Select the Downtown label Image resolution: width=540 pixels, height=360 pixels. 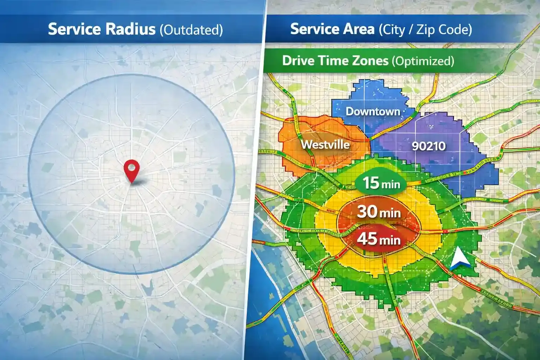373,111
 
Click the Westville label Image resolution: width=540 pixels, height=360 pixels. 325,144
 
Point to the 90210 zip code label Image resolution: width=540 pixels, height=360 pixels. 429,146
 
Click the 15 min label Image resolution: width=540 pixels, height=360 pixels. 381,183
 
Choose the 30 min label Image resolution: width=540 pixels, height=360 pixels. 379,212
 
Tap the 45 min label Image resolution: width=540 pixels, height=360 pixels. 379,239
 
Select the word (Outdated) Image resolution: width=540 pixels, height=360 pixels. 191,30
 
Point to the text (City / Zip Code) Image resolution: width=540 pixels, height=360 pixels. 425,30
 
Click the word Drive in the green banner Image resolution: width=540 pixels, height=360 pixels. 298,61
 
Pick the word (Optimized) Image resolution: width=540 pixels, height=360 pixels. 423,61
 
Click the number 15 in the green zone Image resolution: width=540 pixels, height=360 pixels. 371,183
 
